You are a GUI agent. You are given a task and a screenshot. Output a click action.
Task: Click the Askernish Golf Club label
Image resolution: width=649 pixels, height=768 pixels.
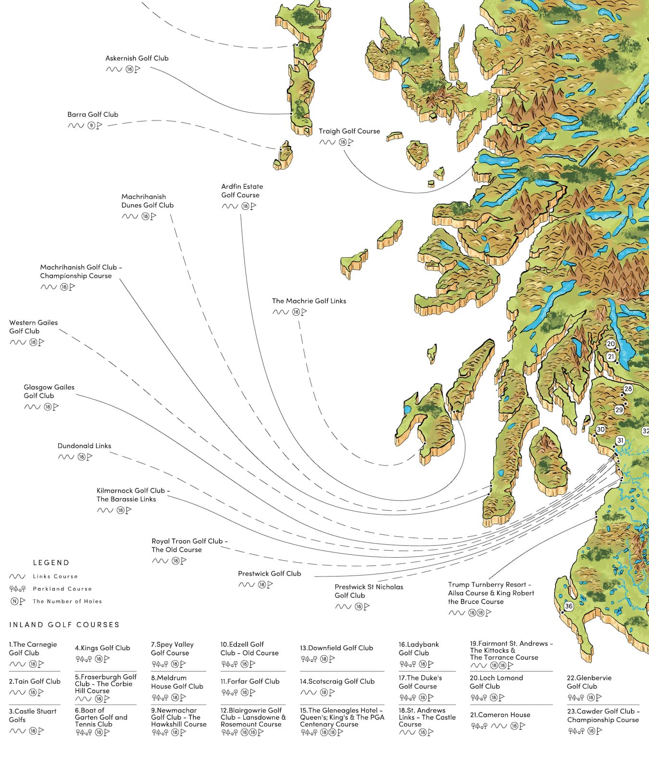[x=137, y=58]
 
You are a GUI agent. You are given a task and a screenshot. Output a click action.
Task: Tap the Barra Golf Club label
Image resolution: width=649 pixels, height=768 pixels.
[x=93, y=114]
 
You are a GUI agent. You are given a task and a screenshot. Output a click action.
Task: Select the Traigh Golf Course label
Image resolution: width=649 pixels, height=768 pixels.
[x=349, y=131]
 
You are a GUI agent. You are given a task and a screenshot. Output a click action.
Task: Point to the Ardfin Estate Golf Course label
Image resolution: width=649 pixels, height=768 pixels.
[x=242, y=191]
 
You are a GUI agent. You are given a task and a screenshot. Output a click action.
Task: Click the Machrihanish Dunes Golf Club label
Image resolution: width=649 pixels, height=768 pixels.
[x=147, y=201]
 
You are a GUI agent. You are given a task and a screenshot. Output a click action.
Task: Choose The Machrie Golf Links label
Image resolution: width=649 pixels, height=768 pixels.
[x=309, y=301]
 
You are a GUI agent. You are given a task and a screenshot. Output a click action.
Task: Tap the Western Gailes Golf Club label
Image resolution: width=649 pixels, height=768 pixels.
[x=33, y=327]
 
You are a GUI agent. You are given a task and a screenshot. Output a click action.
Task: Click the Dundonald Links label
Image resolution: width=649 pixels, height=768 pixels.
[x=84, y=446]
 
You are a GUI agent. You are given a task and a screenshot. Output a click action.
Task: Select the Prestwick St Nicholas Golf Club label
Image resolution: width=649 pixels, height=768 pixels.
[x=368, y=591]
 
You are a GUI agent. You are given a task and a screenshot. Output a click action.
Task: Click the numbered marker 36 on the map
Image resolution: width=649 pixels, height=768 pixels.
[x=569, y=606]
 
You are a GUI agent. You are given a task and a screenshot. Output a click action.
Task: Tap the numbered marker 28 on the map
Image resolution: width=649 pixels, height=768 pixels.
[x=628, y=389]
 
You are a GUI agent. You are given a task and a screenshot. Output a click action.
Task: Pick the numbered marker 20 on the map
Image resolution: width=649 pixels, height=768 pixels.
[x=611, y=344]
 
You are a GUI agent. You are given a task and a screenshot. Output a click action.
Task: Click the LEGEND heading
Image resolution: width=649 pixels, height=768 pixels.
[x=51, y=563]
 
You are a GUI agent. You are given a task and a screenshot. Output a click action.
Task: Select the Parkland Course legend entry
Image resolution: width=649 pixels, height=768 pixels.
[x=62, y=589]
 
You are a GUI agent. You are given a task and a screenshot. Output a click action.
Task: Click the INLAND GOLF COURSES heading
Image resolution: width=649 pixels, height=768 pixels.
[x=64, y=624]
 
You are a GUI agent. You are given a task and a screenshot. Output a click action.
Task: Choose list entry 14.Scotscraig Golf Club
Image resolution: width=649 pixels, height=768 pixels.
[x=337, y=681]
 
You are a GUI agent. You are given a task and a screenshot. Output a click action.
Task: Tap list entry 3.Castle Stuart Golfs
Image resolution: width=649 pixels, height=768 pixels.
[x=32, y=715]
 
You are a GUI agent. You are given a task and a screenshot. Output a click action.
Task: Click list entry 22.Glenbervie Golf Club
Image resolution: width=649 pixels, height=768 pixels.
[x=589, y=682]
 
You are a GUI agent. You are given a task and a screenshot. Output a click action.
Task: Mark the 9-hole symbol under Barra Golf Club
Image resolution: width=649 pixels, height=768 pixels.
[x=91, y=126]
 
